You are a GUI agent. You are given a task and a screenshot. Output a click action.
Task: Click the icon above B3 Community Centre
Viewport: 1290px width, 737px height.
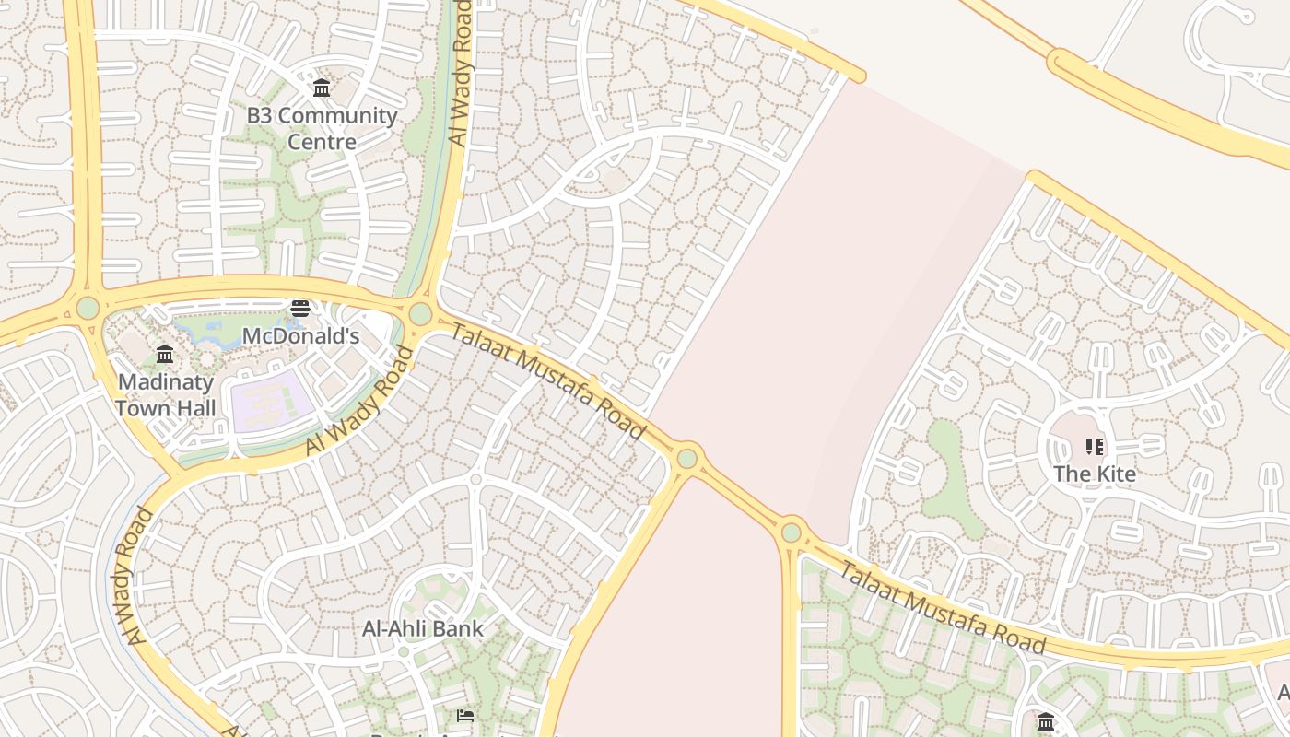322,88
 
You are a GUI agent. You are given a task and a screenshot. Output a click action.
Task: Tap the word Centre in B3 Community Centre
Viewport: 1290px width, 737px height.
322,142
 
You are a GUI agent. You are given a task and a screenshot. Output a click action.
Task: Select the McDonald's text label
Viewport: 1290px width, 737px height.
300,336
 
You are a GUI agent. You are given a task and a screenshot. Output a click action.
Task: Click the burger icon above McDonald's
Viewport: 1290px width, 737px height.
300,309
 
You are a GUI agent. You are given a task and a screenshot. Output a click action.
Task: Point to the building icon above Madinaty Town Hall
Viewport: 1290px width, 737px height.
165,355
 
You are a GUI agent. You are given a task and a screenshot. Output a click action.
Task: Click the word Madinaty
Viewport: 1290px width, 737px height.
166,382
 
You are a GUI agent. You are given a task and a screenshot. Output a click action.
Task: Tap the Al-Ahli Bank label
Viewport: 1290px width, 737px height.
423,629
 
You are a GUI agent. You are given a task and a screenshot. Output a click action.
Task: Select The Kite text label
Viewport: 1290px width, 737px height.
1095,474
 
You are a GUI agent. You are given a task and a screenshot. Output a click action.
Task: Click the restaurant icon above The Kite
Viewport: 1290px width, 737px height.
1095,448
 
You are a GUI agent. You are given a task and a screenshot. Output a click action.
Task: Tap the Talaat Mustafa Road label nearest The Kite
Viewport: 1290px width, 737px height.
941,606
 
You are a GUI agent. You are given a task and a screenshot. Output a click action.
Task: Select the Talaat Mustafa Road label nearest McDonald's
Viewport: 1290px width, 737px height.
548,381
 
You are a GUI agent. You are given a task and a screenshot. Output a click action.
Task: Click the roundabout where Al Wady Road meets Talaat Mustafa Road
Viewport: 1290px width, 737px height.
420,314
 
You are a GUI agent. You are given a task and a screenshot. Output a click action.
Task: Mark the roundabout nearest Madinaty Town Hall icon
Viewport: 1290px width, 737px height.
88,308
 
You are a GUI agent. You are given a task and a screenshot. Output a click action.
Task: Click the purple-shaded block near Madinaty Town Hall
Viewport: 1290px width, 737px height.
269,401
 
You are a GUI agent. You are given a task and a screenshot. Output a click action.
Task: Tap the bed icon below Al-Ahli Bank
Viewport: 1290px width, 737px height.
466,716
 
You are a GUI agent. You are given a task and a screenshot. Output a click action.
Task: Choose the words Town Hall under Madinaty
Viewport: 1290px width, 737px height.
166,408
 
